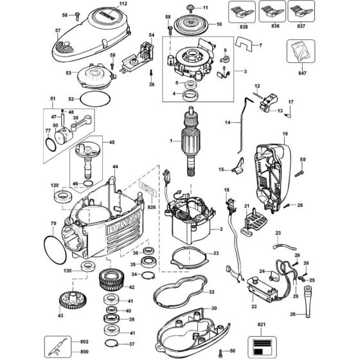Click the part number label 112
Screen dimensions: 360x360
(x=141, y=4)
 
